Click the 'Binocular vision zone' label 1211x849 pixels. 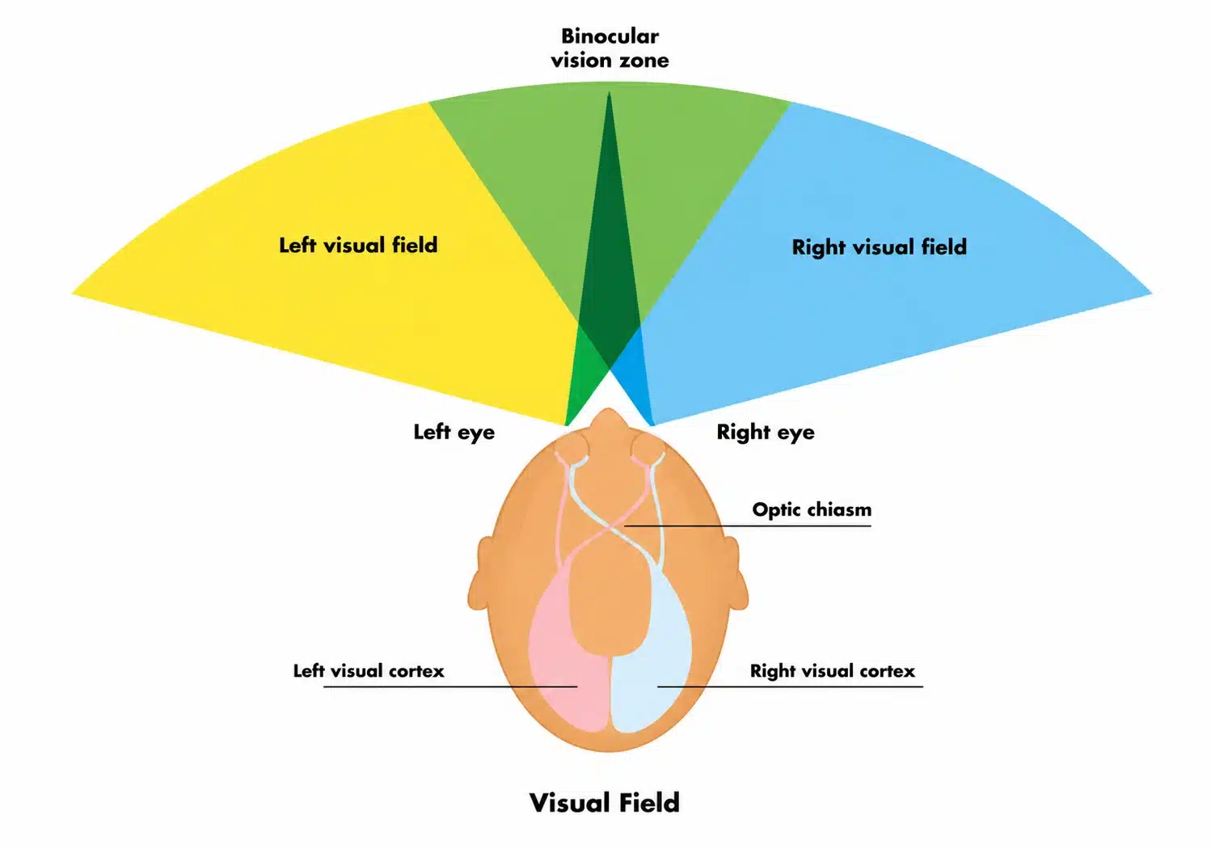click(610, 49)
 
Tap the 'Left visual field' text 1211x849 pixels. click(358, 245)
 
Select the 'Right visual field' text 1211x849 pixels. click(879, 247)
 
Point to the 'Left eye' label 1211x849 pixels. click(454, 432)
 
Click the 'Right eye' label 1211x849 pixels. click(766, 432)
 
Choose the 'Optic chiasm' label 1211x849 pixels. click(812, 509)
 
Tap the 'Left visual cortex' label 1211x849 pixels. click(369, 670)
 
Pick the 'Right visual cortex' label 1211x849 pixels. click(832, 670)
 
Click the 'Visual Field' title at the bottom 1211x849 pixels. click(605, 802)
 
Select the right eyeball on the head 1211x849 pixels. click(647, 450)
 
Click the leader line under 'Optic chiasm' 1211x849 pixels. click(748, 526)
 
